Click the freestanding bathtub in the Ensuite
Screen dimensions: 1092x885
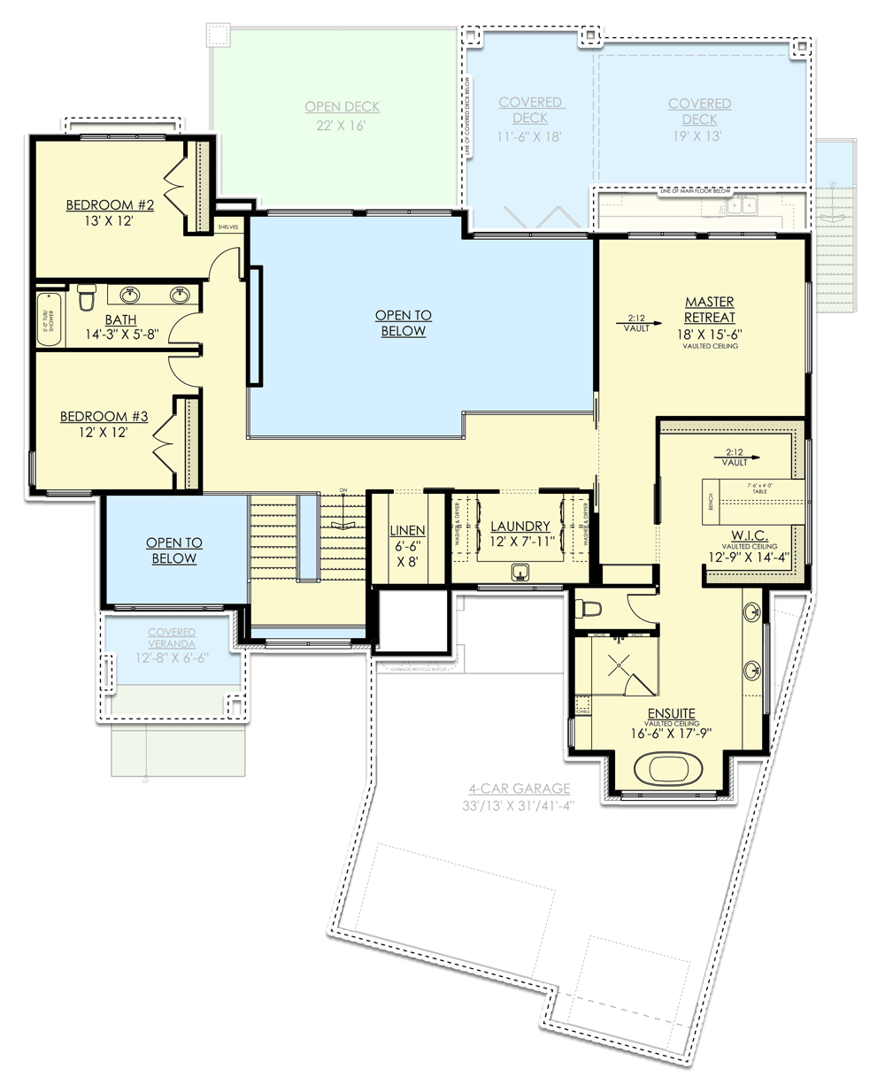point(668,767)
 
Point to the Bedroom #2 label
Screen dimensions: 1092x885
point(110,205)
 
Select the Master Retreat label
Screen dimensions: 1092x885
point(709,310)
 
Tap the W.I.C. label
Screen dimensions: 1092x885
point(749,536)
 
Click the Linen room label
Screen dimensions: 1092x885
point(407,531)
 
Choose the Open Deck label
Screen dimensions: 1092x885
point(342,107)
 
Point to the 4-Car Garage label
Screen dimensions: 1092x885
point(519,788)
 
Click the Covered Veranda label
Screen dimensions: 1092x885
point(172,637)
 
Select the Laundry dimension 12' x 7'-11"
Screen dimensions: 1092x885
point(521,542)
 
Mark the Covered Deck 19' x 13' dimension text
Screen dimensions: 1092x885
point(698,135)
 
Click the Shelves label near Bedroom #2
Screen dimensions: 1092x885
point(228,227)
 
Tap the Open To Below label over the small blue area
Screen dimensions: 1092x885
point(174,550)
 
